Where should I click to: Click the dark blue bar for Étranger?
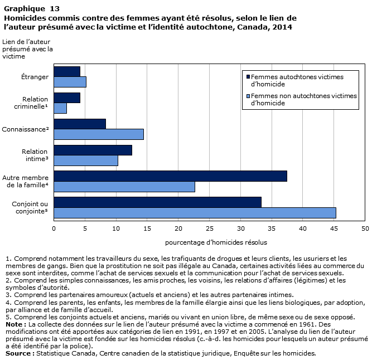67,72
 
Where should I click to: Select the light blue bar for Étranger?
70,82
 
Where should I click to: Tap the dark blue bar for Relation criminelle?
67,98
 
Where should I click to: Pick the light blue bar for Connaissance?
99,134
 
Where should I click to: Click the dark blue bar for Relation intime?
93,150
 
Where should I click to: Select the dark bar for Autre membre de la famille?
171,176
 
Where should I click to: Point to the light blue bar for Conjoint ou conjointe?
195,213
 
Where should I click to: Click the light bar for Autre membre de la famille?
124,187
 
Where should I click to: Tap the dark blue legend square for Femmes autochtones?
248,77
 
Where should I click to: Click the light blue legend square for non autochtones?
248,96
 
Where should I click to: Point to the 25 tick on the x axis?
210,228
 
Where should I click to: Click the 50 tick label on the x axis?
365,228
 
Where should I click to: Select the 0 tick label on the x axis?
54,228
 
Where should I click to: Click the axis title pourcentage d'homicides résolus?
216,242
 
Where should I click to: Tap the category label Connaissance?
25,129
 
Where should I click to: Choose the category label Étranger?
35,77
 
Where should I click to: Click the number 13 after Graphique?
55,9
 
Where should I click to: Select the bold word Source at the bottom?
18,353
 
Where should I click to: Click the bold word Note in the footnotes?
14,324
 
